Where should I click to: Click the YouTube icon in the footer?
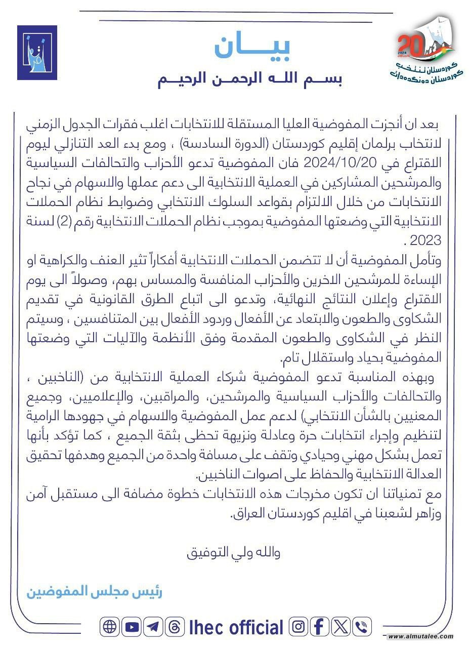tap(132, 627)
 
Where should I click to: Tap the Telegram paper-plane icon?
tap(153, 627)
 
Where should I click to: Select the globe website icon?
tap(109, 627)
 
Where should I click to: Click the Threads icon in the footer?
tap(175, 627)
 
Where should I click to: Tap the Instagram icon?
tap(299, 627)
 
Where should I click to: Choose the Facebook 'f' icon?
tap(319, 627)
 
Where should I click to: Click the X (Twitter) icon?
tap(341, 627)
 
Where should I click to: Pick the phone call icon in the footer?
tap(362, 627)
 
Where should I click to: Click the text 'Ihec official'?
tap(236, 627)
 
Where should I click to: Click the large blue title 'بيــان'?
tap(251, 47)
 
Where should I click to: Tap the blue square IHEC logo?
tap(37, 53)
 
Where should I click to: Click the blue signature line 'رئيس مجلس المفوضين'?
tap(94, 591)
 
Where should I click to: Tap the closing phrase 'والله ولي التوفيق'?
tap(233, 552)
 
